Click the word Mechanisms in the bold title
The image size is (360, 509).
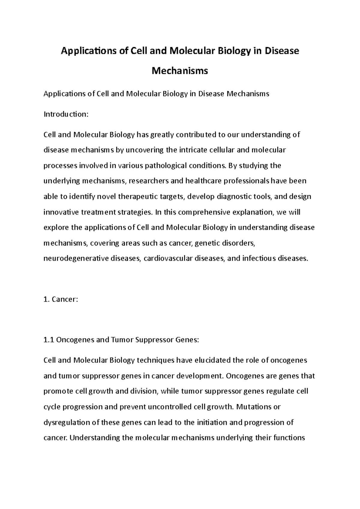180,71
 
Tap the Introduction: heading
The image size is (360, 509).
66,114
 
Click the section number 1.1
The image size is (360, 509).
49,340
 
